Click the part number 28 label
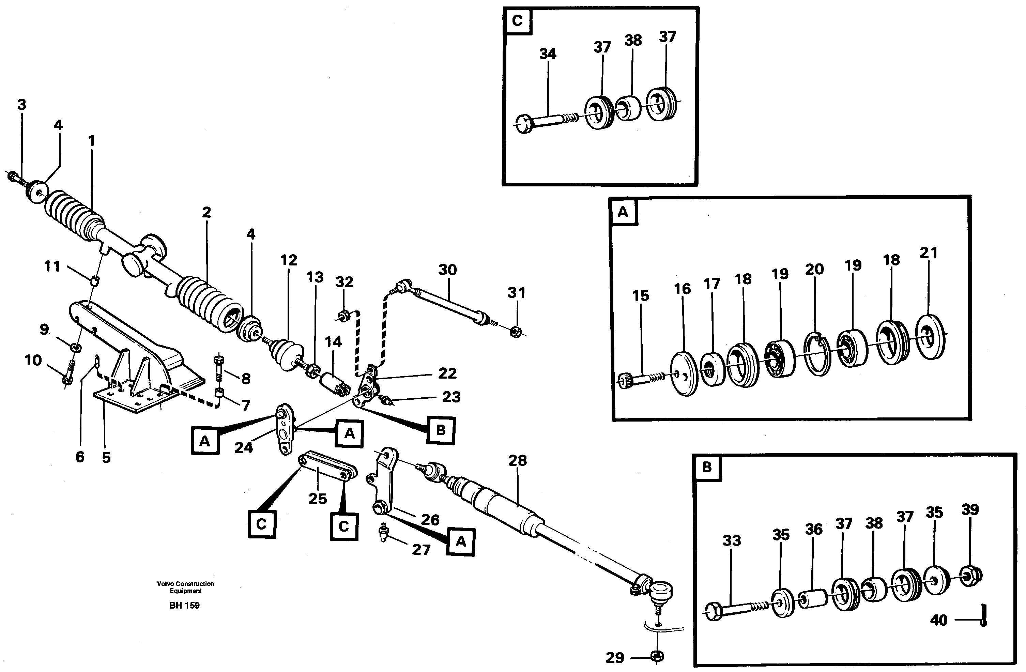point(517,460)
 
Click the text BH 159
point(184,605)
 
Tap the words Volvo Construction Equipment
point(185,587)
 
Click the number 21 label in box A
point(928,253)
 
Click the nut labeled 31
point(516,332)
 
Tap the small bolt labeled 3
point(14,177)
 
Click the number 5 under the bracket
point(106,457)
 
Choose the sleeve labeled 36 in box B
point(812,599)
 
